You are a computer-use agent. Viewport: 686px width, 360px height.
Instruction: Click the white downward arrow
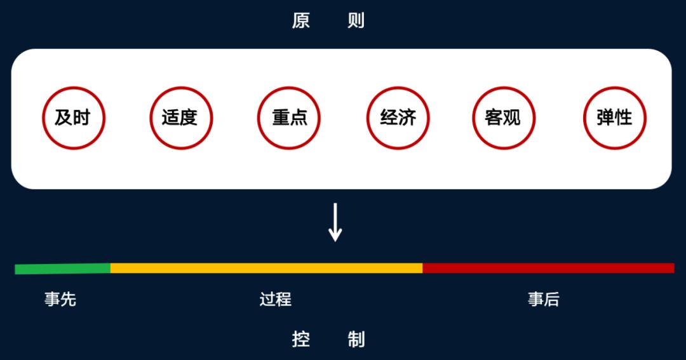tap(335, 222)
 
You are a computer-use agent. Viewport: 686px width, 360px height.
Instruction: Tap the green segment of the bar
tap(62, 269)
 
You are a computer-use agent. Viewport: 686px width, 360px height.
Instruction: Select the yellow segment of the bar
tap(266, 268)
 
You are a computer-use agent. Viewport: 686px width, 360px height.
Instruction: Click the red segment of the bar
tap(549, 268)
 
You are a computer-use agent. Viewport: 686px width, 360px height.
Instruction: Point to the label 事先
tap(60, 300)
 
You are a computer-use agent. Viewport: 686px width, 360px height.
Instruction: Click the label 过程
tap(275, 300)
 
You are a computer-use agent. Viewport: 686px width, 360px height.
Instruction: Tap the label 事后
tap(543, 300)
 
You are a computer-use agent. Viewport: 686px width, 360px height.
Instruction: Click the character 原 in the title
tap(301, 20)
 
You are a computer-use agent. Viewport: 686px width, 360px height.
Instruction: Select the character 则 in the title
tap(356, 20)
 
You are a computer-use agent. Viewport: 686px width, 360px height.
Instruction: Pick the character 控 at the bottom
tap(301, 340)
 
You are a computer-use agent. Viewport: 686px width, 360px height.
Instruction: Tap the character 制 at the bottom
tap(356, 340)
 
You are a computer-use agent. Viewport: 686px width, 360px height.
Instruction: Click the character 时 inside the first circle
tap(82, 117)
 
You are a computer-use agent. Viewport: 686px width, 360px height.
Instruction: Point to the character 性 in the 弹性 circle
tap(624, 117)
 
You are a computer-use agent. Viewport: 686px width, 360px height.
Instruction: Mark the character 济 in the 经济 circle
tap(407, 117)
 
